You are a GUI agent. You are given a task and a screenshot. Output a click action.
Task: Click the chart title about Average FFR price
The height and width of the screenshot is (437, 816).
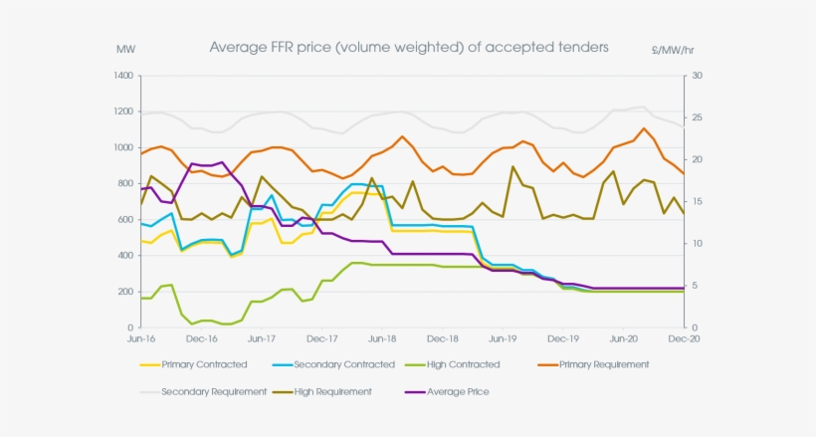(x=409, y=47)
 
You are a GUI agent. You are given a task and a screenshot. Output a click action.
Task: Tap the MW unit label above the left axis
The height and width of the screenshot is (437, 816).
(x=125, y=49)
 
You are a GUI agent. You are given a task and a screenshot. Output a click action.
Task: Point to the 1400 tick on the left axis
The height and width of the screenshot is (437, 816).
(x=123, y=76)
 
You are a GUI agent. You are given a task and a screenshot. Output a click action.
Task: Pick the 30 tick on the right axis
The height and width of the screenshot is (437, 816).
(x=696, y=76)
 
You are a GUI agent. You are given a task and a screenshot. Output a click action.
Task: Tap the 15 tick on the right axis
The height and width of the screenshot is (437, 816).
(x=696, y=202)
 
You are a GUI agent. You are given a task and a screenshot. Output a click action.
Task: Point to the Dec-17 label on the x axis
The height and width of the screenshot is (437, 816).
(x=321, y=339)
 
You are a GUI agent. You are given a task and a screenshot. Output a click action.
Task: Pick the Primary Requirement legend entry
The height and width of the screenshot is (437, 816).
(x=604, y=364)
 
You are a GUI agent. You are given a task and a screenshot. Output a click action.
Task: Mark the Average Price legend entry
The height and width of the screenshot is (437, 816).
(x=456, y=391)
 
